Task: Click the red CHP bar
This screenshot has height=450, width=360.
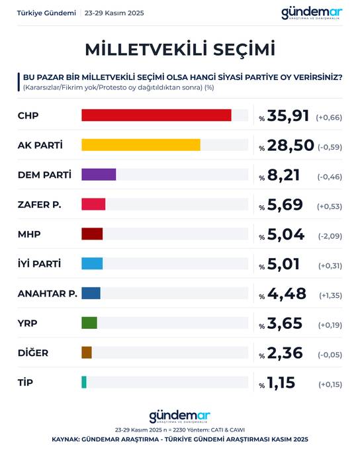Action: click(x=156, y=116)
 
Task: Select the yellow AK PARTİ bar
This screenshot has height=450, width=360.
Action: click(x=140, y=145)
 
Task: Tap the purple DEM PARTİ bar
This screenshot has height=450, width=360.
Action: click(x=99, y=175)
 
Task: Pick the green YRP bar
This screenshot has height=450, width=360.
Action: click(x=89, y=323)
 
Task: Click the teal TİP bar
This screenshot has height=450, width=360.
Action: click(x=84, y=382)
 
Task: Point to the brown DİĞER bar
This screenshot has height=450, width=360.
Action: click(x=87, y=353)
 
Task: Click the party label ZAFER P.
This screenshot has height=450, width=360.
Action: click(x=39, y=204)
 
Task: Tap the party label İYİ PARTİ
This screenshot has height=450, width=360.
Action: click(x=40, y=263)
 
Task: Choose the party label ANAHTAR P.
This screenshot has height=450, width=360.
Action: click(x=47, y=293)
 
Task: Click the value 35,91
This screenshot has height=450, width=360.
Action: click(x=288, y=116)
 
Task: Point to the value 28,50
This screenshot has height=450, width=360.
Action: click(x=288, y=146)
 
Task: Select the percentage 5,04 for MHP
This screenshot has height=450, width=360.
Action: click(x=284, y=234)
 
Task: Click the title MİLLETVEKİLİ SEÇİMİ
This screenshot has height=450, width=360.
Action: click(x=180, y=49)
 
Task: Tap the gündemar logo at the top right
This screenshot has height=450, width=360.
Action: click(x=312, y=13)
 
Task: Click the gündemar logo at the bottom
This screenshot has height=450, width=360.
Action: click(x=180, y=416)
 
